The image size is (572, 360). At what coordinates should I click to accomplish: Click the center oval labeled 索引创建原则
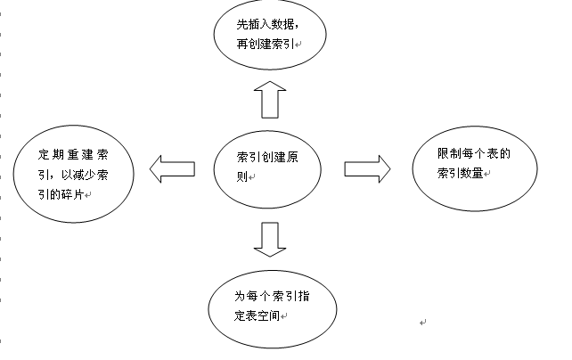coord(267,167)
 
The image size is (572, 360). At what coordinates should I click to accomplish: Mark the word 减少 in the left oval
coord(86,173)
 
